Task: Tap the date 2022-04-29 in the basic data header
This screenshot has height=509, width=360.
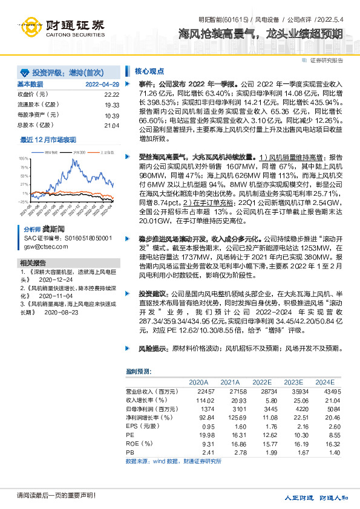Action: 102,84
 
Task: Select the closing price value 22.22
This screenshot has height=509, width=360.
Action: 111,94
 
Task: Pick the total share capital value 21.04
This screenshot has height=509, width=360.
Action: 111,125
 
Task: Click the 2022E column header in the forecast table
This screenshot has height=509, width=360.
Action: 261,382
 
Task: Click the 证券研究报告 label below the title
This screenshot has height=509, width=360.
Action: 326,60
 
